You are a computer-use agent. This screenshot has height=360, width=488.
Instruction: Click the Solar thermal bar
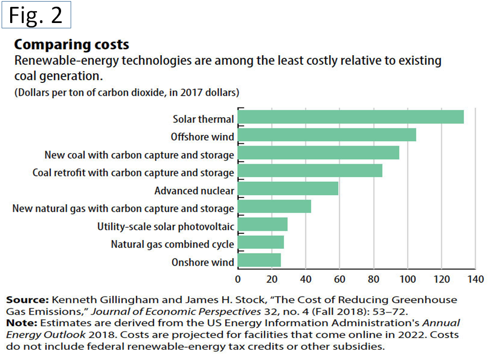click(350, 117)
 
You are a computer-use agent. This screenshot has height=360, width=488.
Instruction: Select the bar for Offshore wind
click(327, 135)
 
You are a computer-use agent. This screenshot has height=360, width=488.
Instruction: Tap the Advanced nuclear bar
click(288, 189)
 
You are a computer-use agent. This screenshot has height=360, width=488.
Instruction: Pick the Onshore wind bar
click(259, 261)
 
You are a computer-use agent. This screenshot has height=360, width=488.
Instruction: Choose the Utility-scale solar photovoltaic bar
click(262, 225)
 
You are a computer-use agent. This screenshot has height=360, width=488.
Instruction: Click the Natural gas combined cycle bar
click(261, 243)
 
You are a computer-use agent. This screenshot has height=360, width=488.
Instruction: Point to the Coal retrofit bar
click(310, 171)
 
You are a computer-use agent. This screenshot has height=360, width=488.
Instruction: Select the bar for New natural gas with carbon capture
click(274, 206)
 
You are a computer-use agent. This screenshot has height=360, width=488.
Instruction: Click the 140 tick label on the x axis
click(475, 279)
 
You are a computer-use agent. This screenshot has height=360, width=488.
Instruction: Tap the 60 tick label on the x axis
click(339, 279)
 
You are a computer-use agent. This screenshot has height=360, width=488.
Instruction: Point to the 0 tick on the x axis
click(238, 279)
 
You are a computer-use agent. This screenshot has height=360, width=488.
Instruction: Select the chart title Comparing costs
click(71, 44)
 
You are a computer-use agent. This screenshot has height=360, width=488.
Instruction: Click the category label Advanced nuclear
click(194, 190)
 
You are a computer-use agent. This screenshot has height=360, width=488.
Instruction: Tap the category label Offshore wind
click(202, 137)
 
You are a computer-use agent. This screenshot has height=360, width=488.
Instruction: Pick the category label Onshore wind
click(203, 262)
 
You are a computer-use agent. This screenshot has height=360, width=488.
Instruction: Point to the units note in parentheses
click(126, 93)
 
